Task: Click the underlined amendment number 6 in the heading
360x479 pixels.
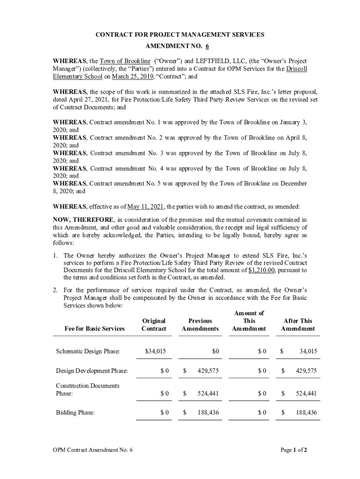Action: click(207, 47)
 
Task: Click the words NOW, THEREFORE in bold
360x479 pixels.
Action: click(83, 219)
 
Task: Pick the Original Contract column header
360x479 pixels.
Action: click(154, 325)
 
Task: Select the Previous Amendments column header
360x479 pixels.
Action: click(200, 325)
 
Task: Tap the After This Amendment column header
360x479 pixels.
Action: click(298, 325)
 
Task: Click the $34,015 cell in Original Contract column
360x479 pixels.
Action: click(156, 351)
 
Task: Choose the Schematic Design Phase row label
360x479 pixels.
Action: click(88, 351)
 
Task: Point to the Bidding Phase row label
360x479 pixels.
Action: click(75, 413)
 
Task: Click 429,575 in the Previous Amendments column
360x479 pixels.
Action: click(208, 370)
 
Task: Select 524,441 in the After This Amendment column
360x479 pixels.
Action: click(306, 393)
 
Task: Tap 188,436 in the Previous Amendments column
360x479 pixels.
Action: click(208, 413)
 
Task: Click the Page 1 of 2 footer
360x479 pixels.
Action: click(294, 450)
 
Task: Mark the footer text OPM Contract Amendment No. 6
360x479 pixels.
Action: click(93, 450)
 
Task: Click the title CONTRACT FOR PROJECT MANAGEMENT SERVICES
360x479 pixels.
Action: click(180, 35)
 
